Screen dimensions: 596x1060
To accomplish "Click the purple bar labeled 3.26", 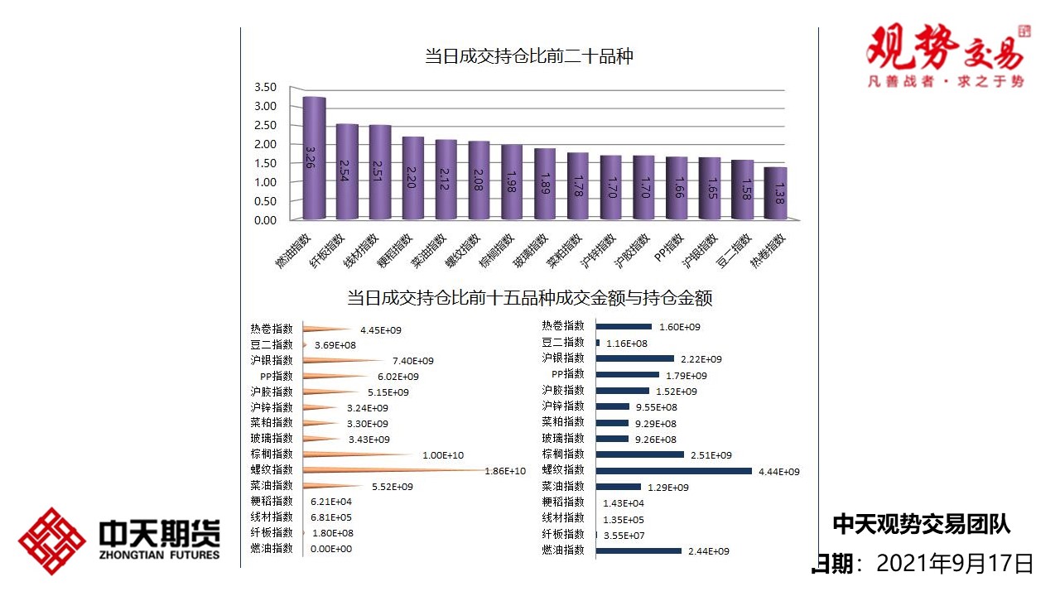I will pos(313,158).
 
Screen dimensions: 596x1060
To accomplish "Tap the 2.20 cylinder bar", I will pos(412,178).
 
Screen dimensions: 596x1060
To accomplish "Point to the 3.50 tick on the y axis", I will pos(265,87).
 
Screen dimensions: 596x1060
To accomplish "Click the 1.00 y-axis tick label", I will pos(265,182).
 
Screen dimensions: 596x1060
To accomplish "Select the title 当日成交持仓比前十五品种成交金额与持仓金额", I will pos(529,298).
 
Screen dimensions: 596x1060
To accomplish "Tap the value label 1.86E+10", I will pos(504,471).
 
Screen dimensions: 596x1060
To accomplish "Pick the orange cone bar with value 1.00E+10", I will pos(356,454).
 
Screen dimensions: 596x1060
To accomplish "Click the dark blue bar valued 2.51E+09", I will pos(639,454).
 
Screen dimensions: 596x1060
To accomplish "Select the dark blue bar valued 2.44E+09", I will pos(638,550).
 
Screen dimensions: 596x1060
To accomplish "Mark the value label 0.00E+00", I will pos(330,549).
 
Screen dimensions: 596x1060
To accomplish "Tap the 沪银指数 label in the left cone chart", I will pos(272,360).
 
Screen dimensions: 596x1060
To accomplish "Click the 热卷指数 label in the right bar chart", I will pos(563,326).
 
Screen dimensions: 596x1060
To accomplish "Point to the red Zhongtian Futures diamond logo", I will pos(51,541).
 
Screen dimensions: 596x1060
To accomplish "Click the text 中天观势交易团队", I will pos(921,523).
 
